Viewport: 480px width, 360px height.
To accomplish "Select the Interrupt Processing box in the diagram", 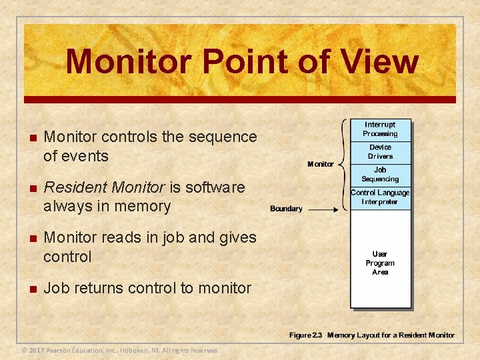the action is [x=380, y=129].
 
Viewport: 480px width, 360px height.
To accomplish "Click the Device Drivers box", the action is [x=380, y=152].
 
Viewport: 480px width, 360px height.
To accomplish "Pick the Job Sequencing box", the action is [x=380, y=175].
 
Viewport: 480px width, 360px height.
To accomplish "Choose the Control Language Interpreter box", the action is [x=380, y=197].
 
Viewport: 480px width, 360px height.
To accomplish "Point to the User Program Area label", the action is [x=380, y=263].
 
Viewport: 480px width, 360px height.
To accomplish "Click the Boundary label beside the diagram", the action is [x=286, y=209].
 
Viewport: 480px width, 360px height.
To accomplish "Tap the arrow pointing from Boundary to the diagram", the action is [x=327, y=209].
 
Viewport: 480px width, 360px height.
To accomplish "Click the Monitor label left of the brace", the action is [x=321, y=164].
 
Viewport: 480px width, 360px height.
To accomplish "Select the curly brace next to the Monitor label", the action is [x=343, y=164].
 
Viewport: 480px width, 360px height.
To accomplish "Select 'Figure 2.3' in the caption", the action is [x=305, y=335].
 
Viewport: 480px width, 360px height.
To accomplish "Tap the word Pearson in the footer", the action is [x=61, y=351].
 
